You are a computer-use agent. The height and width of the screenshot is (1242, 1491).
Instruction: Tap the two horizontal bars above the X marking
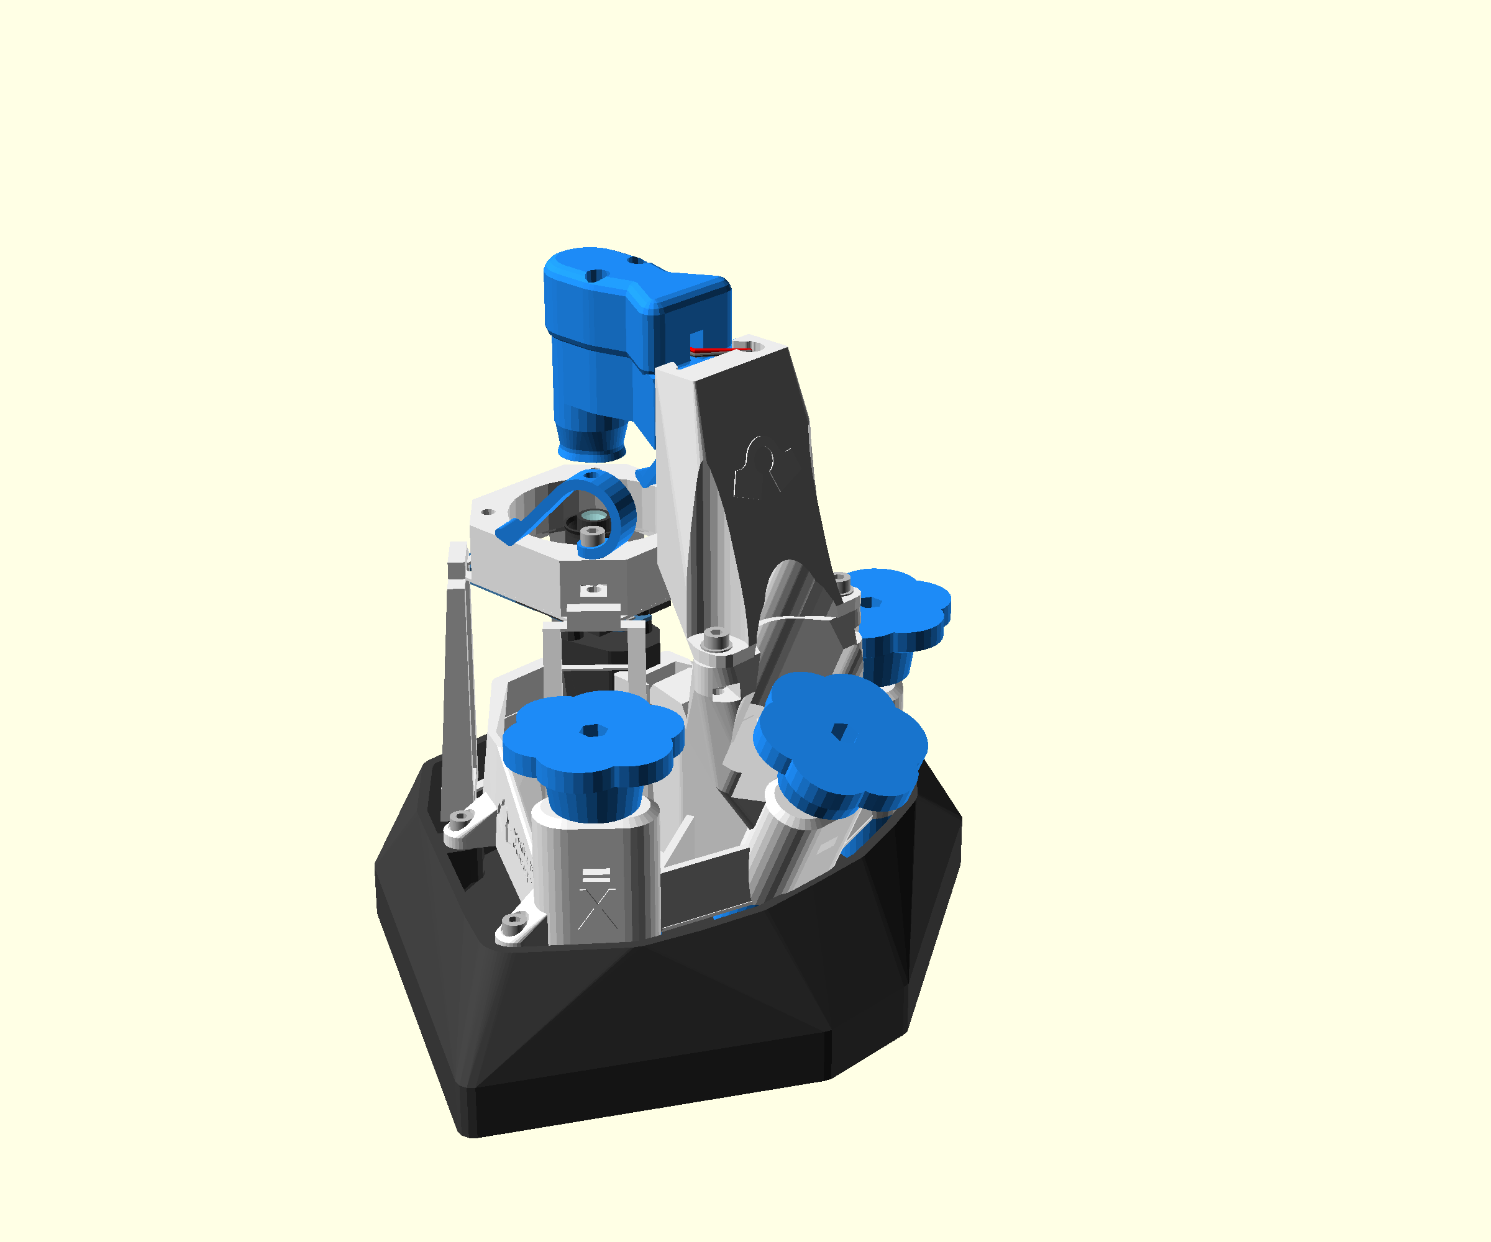596,875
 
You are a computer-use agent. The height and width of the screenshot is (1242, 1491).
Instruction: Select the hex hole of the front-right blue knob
839,730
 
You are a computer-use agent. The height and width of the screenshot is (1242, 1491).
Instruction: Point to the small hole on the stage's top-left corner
488,511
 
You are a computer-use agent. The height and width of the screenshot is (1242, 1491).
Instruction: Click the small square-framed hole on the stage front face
593,590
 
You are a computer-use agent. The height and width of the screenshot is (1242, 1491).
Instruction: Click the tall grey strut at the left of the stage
458,681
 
